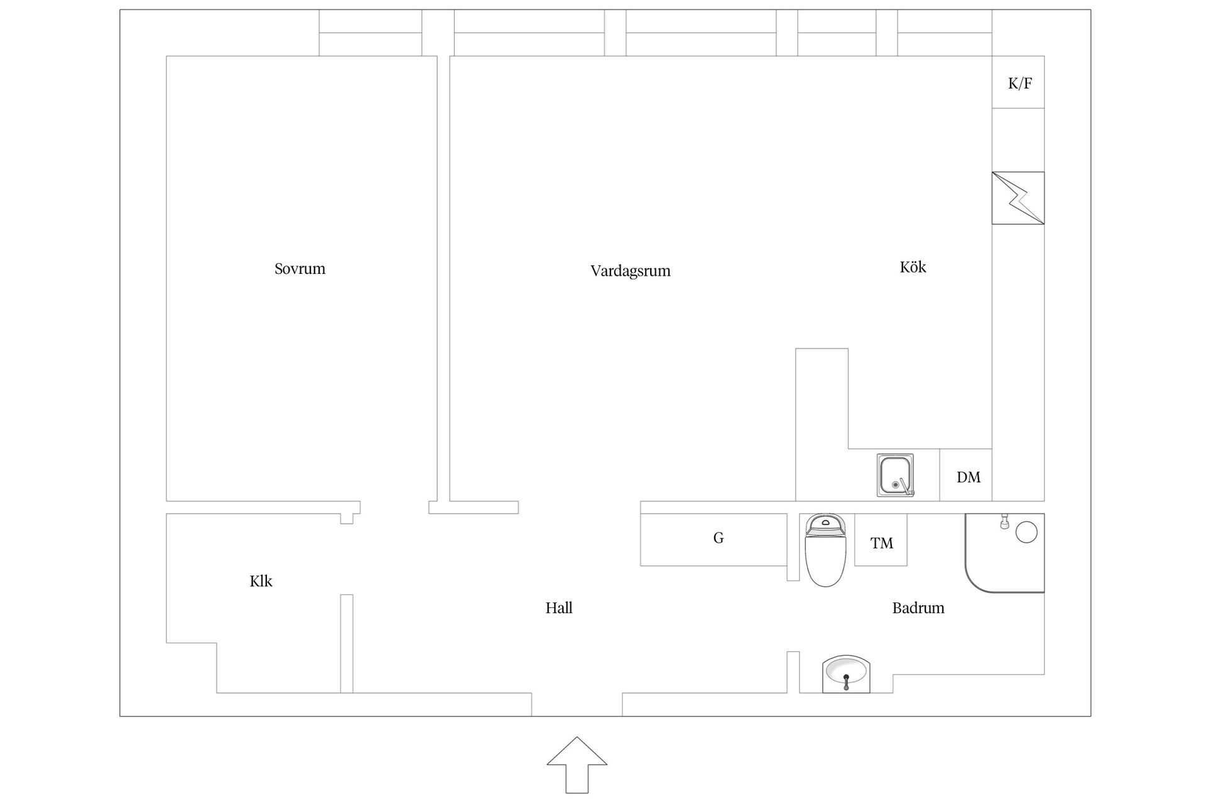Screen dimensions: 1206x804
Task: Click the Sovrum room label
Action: click(x=300, y=269)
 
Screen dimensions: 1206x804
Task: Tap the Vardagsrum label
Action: click(x=630, y=271)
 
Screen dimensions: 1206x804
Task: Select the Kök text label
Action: click(x=913, y=267)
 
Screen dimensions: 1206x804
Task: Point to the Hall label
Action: click(x=559, y=607)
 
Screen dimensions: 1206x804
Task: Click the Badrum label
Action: click(x=918, y=607)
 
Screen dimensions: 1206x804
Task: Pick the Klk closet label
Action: click(x=261, y=581)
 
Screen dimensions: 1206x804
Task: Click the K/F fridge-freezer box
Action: click(x=1018, y=82)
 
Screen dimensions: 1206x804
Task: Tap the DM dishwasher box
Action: click(x=966, y=475)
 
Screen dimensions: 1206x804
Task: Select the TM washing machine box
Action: click(x=881, y=540)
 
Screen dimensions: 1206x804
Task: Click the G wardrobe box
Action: click(x=714, y=540)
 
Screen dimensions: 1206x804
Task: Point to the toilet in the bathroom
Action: click(x=825, y=550)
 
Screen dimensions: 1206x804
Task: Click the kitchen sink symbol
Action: click(x=896, y=475)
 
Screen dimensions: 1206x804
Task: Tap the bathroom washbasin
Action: click(x=846, y=674)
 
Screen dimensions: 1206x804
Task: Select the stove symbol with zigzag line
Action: click(x=1018, y=198)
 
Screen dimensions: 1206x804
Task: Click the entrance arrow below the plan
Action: click(x=577, y=765)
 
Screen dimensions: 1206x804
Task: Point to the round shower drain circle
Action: click(x=1026, y=533)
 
